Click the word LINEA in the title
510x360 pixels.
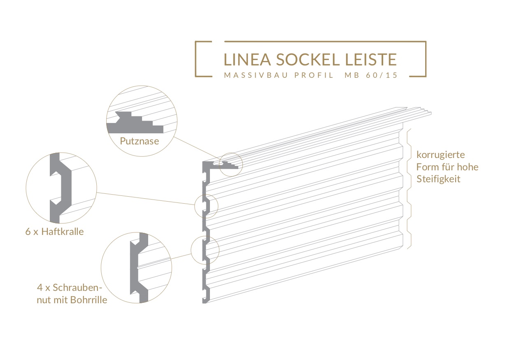(x=247, y=60)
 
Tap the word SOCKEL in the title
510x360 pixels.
(x=308, y=60)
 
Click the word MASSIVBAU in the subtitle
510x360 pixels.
(x=256, y=75)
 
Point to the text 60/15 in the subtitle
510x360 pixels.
(x=382, y=75)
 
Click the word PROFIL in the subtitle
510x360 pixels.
(x=314, y=75)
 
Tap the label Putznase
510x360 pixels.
(x=140, y=141)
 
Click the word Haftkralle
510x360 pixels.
(x=63, y=232)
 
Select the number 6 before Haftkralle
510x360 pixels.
(x=28, y=232)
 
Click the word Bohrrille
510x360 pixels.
(x=88, y=300)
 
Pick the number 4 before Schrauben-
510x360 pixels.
(x=40, y=288)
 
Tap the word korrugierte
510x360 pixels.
(x=440, y=155)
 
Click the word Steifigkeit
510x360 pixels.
(x=438, y=179)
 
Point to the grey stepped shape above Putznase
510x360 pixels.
(x=135, y=123)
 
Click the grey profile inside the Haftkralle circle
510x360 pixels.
(x=60, y=188)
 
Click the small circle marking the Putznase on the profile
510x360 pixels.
(x=231, y=153)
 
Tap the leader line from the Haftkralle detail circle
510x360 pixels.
(x=145, y=199)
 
